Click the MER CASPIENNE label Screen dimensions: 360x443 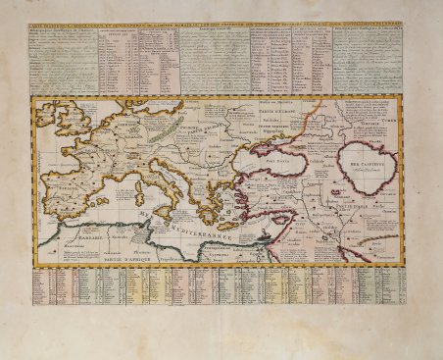[366, 153]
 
